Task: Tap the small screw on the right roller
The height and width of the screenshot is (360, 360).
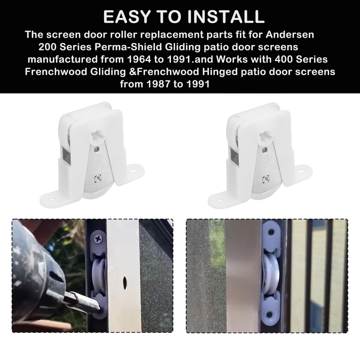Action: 266,177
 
